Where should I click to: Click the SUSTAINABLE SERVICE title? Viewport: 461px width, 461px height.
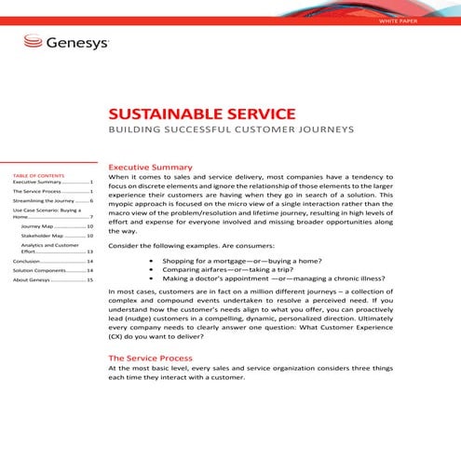pyautogui.click(x=202, y=114)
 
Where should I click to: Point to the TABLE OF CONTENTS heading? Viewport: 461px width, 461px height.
pyautogui.click(x=38, y=175)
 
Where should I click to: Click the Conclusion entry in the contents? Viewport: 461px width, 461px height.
pyautogui.click(x=27, y=263)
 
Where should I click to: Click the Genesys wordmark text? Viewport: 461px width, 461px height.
pyautogui.click(x=77, y=43)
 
